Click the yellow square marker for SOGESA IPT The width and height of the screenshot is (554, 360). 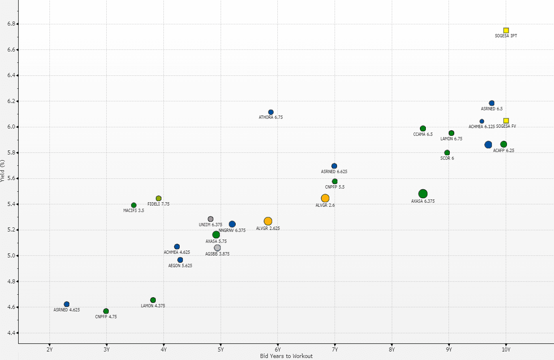[506, 30]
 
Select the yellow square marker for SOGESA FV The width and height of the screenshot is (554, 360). [506, 121]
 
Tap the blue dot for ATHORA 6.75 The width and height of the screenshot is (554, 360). [271, 112]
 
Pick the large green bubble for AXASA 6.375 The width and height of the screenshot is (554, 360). [423, 194]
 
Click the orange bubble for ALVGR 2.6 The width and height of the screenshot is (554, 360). [325, 198]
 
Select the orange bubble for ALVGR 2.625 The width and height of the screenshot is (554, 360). [268, 221]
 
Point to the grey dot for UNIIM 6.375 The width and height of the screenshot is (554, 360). [210, 219]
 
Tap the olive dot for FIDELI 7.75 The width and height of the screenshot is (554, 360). [159, 198]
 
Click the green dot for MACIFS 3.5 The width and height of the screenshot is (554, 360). [134, 205]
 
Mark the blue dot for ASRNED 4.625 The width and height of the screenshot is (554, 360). [67, 304]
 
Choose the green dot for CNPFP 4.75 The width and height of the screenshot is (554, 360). [106, 311]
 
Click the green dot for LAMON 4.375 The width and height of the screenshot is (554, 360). [153, 300]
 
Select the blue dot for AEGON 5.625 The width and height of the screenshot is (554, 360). [180, 260]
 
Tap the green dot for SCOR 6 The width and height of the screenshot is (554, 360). [447, 153]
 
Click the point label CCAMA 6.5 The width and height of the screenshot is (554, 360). [423, 134]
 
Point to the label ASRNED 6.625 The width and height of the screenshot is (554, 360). [334, 171]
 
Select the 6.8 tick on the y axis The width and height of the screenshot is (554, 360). [11, 24]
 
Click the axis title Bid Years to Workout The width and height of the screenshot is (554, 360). [286, 356]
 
